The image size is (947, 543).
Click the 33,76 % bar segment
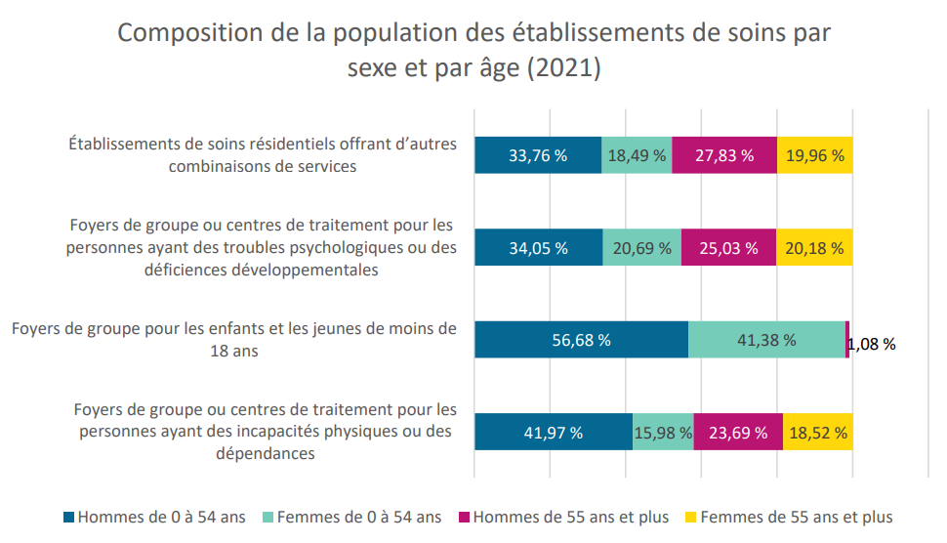click(538, 155)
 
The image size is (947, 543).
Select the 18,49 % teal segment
click(637, 155)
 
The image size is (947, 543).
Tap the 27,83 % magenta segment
click(724, 155)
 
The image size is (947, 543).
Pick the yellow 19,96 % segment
click(815, 155)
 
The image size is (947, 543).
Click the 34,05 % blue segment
click(539, 247)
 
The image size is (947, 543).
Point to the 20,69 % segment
click(642, 247)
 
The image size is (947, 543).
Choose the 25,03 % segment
click(728, 247)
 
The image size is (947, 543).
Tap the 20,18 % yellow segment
click(814, 247)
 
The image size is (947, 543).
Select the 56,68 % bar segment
click(582, 340)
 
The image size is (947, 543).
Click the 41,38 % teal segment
click(767, 340)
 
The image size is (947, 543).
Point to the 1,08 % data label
click(872, 345)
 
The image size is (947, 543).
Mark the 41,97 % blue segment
click(554, 432)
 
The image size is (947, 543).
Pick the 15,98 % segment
click(663, 432)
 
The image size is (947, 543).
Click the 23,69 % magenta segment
click(739, 432)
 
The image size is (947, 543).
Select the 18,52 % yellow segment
click(818, 432)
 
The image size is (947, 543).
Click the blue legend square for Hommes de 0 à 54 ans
click(69, 518)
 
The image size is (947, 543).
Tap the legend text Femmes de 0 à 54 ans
click(359, 518)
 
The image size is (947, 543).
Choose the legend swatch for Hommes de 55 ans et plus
click(464, 518)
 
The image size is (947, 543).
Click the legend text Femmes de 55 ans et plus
click(797, 518)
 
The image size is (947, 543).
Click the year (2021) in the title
click(564, 67)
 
